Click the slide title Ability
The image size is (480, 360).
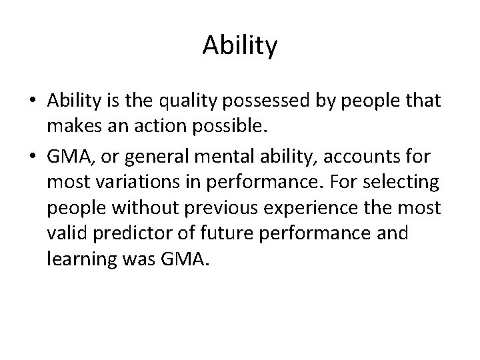click(x=239, y=46)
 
